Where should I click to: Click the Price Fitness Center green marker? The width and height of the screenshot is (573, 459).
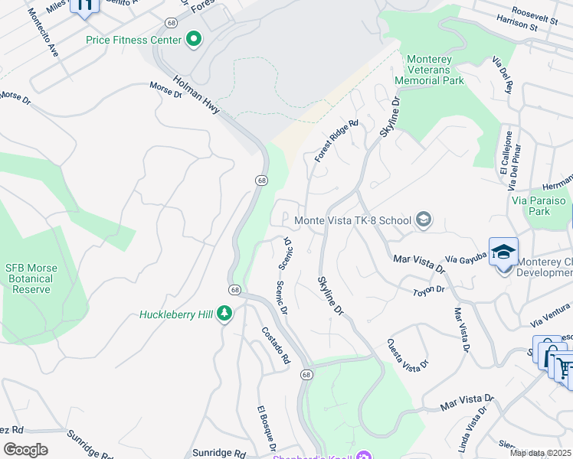193,38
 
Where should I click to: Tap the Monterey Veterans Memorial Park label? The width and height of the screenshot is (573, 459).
435,70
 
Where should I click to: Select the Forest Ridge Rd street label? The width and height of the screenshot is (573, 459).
336,140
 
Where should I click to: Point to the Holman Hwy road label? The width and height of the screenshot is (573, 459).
197,96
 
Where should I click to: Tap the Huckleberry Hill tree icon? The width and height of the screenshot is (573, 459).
224,314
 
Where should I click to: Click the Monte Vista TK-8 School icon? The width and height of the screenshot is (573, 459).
423,220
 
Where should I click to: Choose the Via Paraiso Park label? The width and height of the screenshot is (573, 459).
542,206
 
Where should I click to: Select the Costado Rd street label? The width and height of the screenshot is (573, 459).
276,345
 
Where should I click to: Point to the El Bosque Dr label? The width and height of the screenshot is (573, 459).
266,427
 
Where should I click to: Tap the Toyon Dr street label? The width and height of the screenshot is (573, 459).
429,291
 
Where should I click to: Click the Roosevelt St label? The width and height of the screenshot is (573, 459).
535,13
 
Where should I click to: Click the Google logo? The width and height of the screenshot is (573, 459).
25,450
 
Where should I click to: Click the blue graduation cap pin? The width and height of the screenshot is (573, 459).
504,252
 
